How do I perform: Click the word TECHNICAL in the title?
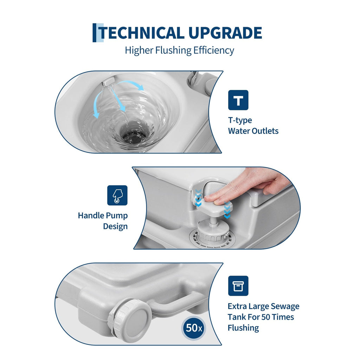point(141,33)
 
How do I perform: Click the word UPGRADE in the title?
point(225,33)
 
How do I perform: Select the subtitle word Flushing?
point(173,51)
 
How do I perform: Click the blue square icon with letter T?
point(238,100)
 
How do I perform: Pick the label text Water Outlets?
point(253,131)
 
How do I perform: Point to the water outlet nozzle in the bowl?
point(108,81)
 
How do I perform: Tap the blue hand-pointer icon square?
point(117,195)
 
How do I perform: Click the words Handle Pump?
point(103,216)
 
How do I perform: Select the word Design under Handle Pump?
point(115,226)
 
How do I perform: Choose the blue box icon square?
point(238,286)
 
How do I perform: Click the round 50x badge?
point(194,328)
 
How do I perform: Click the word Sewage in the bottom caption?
point(285,307)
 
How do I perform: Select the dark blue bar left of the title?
point(94,33)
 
